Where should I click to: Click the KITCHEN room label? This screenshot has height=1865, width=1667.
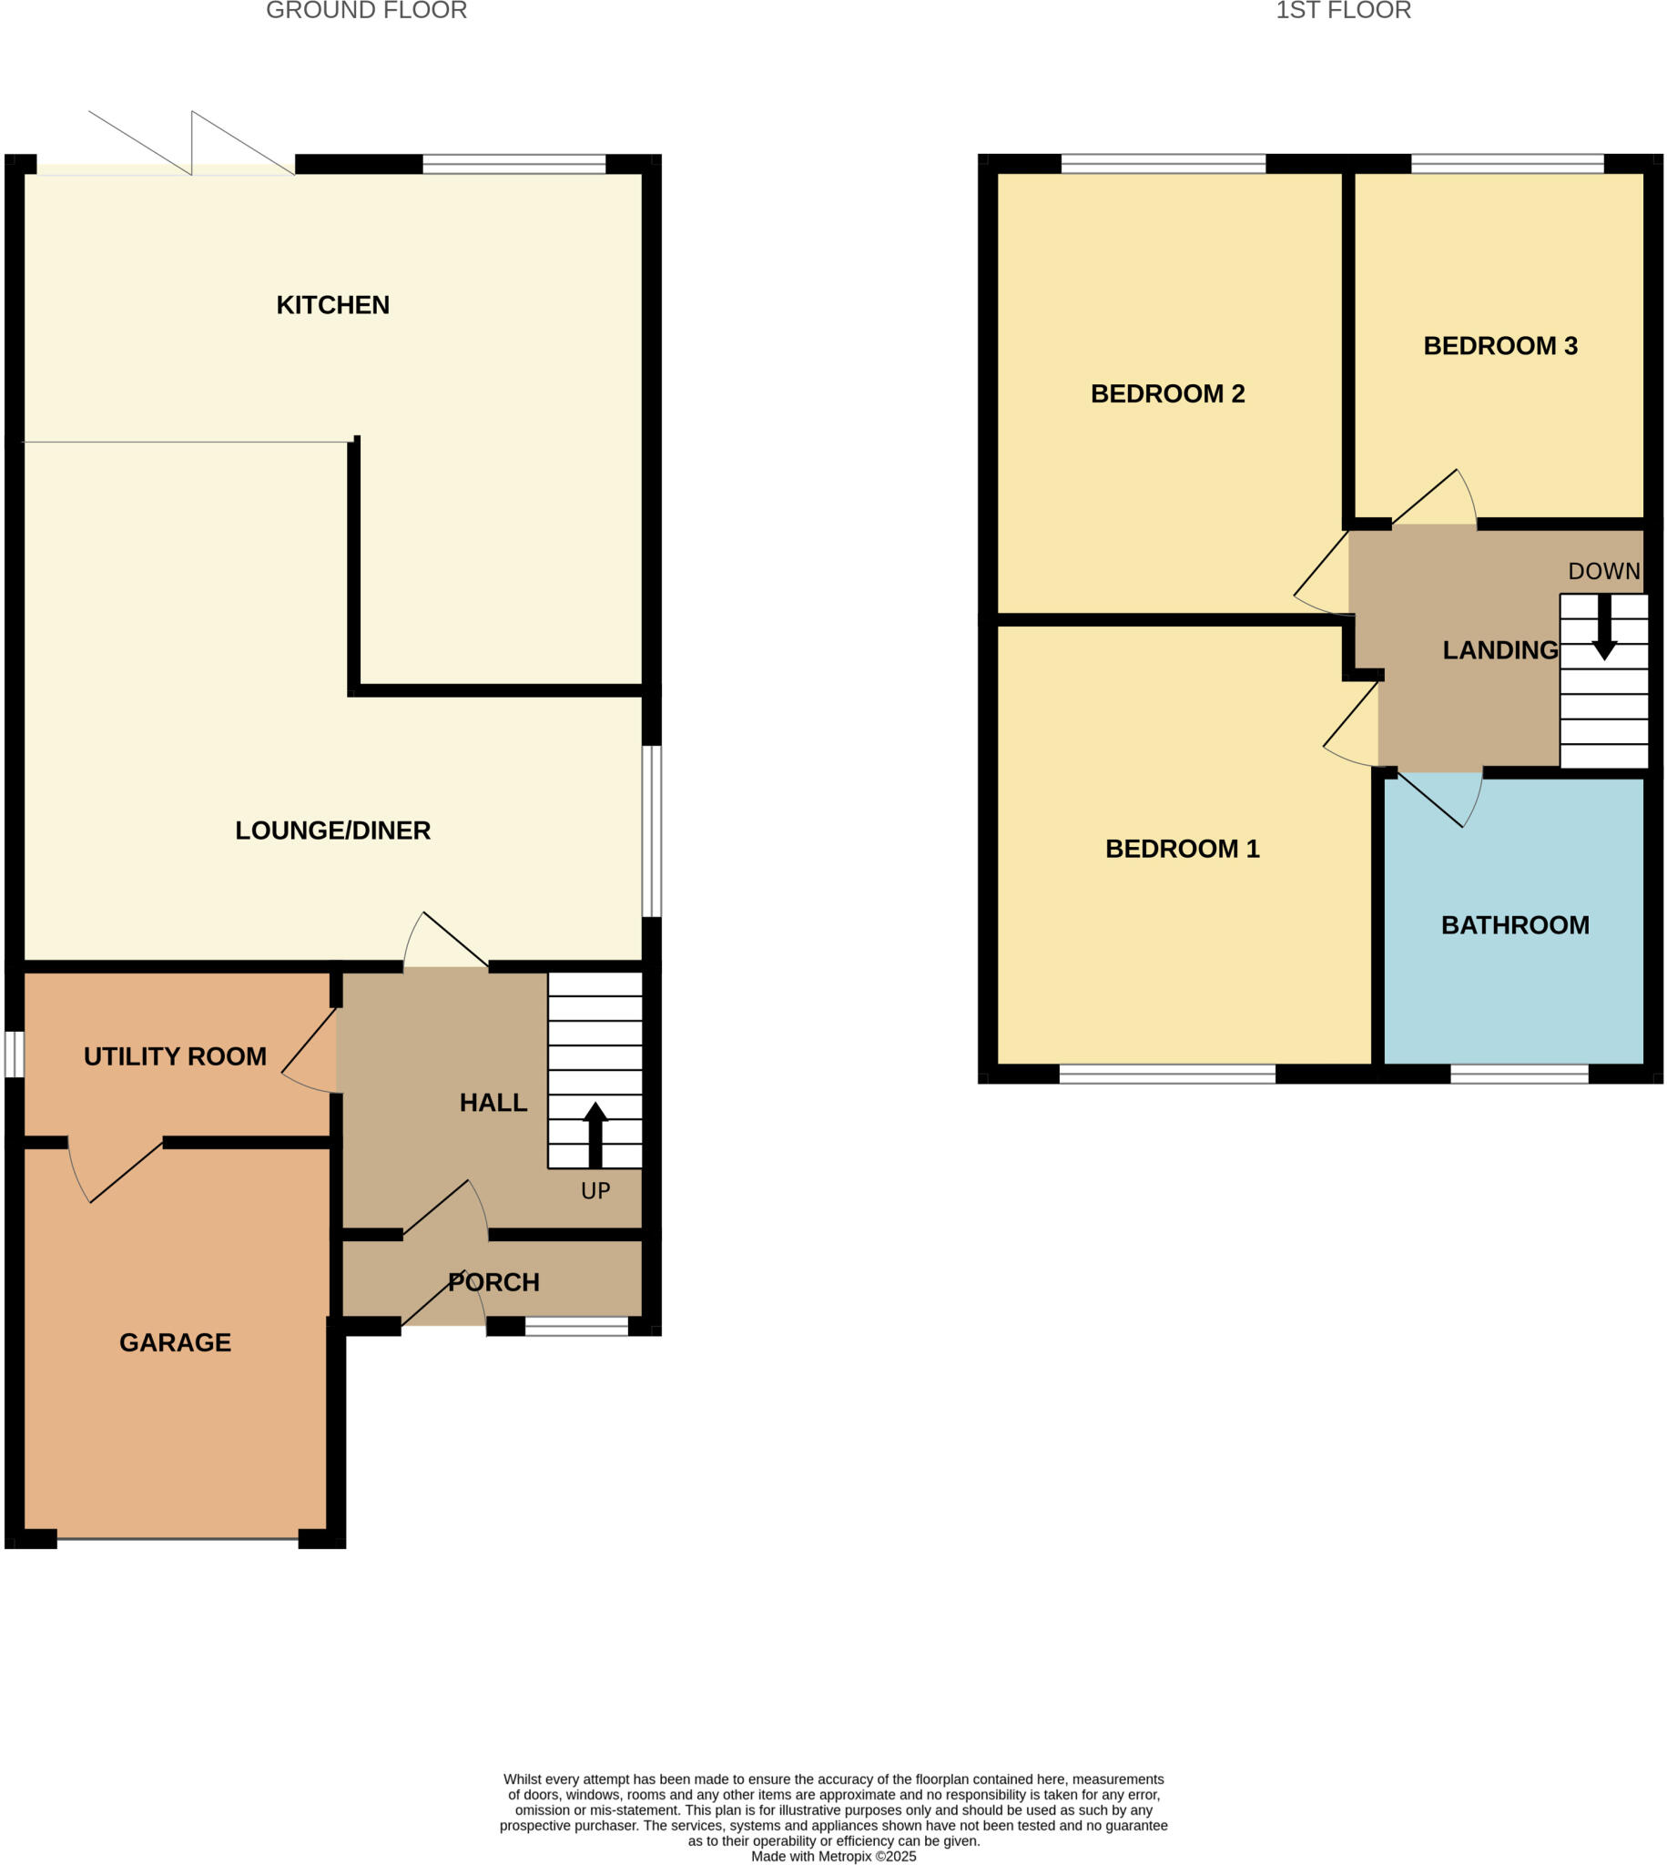(x=332, y=305)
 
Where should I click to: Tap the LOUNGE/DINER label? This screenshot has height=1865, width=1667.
(x=332, y=831)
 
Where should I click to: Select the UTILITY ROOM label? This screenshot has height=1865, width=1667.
(x=175, y=1057)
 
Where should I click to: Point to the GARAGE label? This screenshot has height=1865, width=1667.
(x=175, y=1343)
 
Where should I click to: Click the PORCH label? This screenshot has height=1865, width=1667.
(x=493, y=1282)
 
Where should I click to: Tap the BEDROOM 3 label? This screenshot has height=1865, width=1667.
(x=1500, y=346)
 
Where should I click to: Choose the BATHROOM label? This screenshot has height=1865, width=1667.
(x=1515, y=925)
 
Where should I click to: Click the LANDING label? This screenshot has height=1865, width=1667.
(x=1499, y=650)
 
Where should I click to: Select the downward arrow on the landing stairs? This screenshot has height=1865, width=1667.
(x=1604, y=627)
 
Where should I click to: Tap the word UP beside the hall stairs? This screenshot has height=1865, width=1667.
(x=595, y=1191)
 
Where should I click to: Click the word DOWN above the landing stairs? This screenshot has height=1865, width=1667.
(x=1604, y=572)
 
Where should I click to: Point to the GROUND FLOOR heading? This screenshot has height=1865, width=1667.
(x=366, y=11)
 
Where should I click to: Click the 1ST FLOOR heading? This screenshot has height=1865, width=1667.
(x=1343, y=11)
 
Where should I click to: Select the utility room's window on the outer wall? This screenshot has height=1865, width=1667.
(x=14, y=1055)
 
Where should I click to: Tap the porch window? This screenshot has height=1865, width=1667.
(x=576, y=1326)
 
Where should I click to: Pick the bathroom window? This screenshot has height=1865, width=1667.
(x=1519, y=1074)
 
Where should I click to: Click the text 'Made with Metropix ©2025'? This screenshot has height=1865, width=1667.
(x=834, y=1857)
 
